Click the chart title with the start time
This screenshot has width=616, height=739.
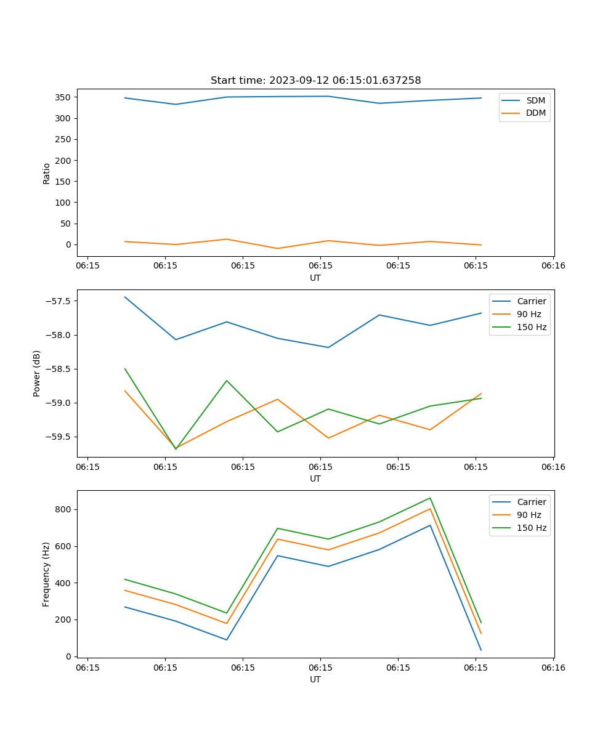315,81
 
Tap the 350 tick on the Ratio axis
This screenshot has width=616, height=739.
63,97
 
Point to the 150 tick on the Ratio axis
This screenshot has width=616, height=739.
63,182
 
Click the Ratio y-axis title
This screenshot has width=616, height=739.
47,173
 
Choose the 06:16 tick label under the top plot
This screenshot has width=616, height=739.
553,266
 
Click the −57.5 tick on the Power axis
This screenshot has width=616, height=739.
57,301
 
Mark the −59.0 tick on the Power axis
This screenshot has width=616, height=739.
57,403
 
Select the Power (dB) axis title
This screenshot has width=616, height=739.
37,373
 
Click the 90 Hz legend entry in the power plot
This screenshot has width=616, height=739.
529,314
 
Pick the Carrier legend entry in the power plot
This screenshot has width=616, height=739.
531,301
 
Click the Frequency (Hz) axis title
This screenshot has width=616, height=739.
47,574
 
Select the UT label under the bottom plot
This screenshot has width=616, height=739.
315,679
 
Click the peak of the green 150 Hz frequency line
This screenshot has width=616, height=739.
430,498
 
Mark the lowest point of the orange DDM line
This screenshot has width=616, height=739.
277,249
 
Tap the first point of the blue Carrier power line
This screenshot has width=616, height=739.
125,297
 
